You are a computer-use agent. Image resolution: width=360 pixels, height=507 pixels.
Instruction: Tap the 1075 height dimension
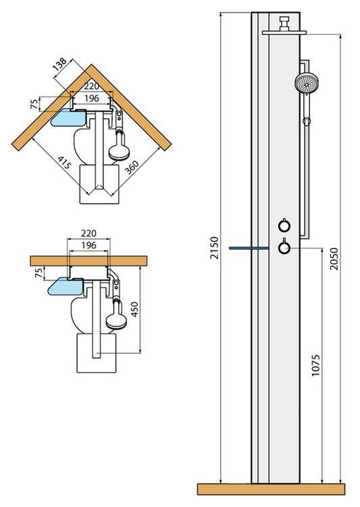pyautogui.click(x=315, y=365)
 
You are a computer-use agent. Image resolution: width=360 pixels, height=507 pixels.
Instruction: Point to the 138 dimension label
pyautogui.click(x=59, y=65)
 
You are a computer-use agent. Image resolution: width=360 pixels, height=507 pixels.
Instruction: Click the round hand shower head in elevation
pyautogui.click(x=306, y=84)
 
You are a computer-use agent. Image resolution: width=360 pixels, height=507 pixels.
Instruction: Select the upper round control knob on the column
pyautogui.click(x=285, y=226)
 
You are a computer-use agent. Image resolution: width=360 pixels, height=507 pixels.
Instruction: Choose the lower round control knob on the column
pyautogui.click(x=285, y=249)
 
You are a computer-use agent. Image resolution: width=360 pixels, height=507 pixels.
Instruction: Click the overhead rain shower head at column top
pyautogui.click(x=284, y=30)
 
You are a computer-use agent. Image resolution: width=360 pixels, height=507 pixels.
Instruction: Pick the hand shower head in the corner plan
pyautogui.click(x=120, y=148)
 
